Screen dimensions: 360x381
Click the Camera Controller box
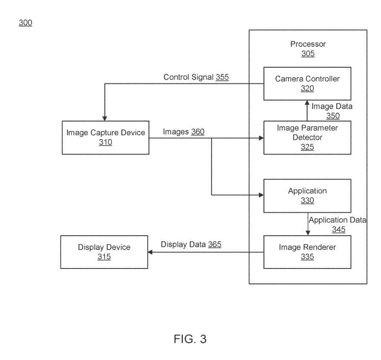pyautogui.click(x=307, y=83)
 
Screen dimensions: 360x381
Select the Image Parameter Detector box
pyautogui.click(x=307, y=137)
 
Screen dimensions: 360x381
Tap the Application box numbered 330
pyautogui.click(x=307, y=195)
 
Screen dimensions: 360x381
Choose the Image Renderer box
pyautogui.click(x=307, y=251)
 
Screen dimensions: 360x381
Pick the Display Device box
pyautogui.click(x=104, y=251)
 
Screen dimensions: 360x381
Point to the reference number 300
pyautogui.click(x=25, y=23)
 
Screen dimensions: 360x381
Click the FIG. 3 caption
pyautogui.click(x=190, y=339)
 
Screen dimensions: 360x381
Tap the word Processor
pyautogui.click(x=308, y=44)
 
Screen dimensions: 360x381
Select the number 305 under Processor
pyautogui.click(x=308, y=54)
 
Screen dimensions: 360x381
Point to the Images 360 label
pyautogui.click(x=183, y=132)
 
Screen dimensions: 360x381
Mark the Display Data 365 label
pyautogui.click(x=191, y=245)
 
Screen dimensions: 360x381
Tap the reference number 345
pyautogui.click(x=338, y=229)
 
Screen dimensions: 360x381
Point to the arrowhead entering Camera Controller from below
pyautogui.click(x=307, y=103)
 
